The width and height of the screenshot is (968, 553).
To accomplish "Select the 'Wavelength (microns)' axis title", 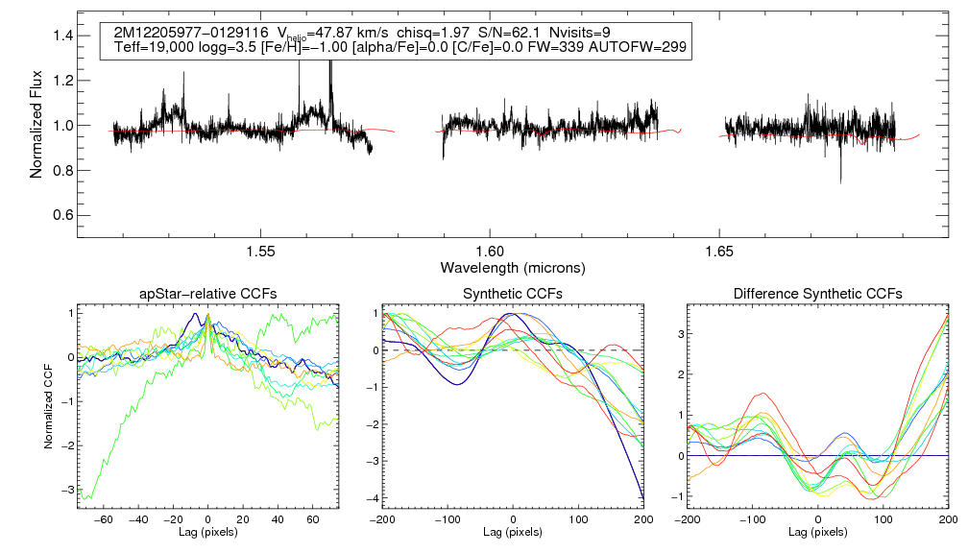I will pyautogui.click(x=513, y=266).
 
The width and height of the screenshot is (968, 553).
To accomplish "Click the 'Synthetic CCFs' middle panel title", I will pyautogui.click(x=513, y=293).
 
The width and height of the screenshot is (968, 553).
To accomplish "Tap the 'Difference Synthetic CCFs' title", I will pyautogui.click(x=817, y=293).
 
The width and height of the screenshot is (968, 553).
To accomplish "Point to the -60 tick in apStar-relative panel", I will pyautogui.click(x=106, y=518).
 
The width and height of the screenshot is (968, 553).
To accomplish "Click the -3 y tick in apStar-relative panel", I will pyautogui.click(x=68, y=491).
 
